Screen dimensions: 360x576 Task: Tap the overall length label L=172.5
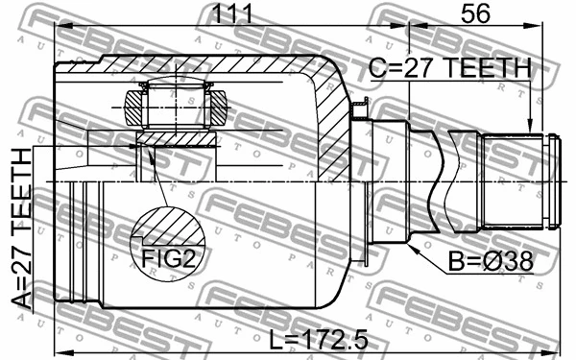[x=305, y=339]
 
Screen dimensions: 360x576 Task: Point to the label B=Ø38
[x=489, y=260]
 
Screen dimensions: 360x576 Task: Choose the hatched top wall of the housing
[x=192, y=66]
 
